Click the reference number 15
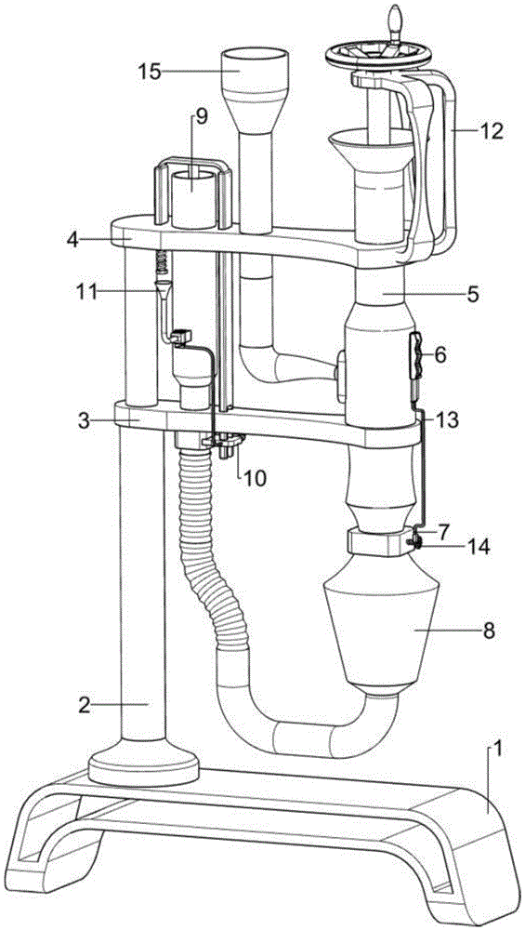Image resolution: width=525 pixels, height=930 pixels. [x=149, y=72]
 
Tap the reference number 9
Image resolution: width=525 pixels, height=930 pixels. [x=201, y=117]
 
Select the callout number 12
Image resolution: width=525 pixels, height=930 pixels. [x=492, y=130]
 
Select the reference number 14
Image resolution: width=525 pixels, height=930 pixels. [x=479, y=547]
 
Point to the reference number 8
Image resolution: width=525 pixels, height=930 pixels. [x=488, y=630]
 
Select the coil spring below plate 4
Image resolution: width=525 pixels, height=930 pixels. [x=161, y=261]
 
